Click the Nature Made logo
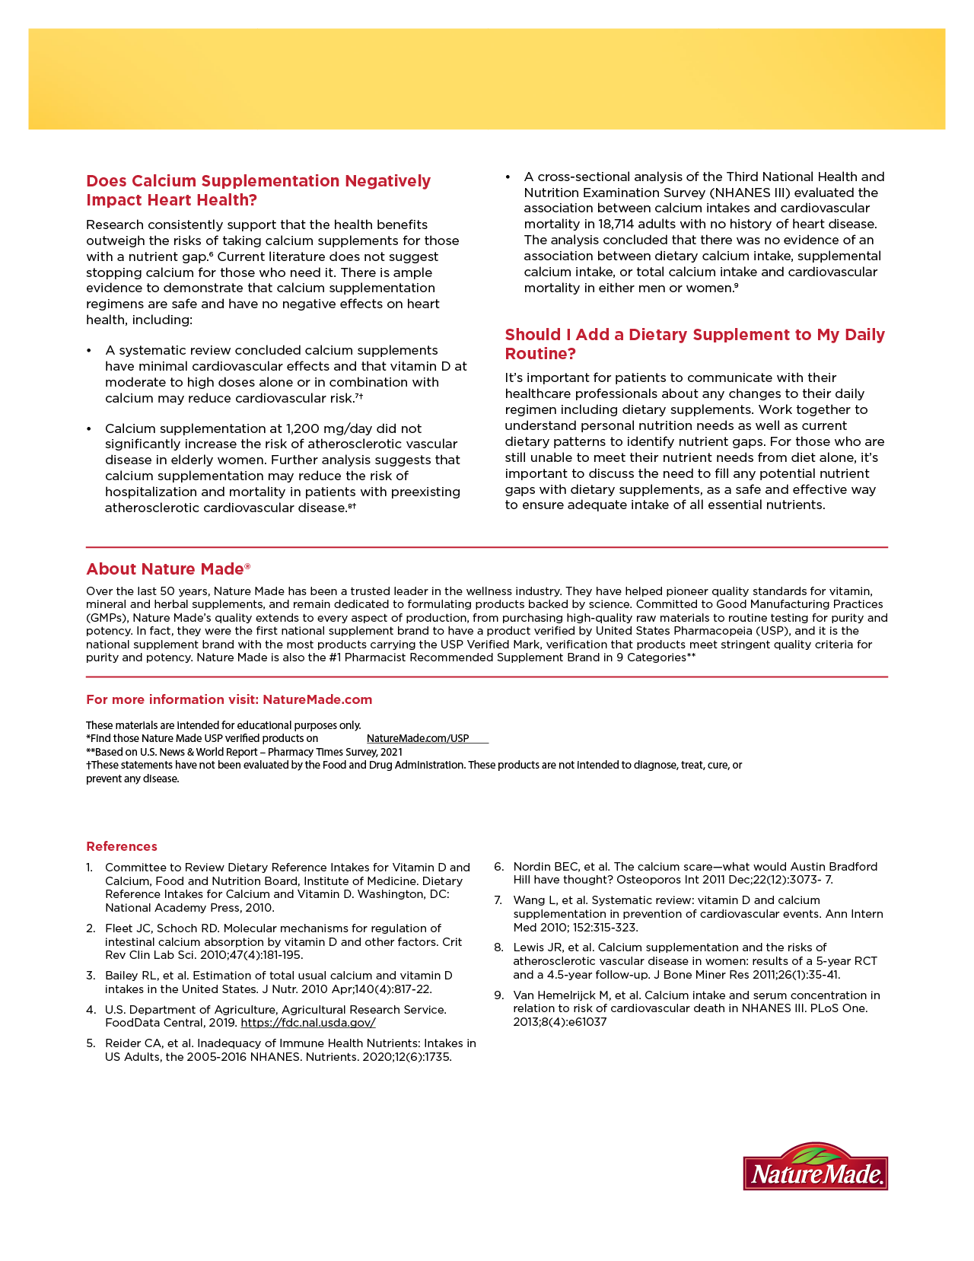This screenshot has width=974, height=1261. click(x=815, y=1167)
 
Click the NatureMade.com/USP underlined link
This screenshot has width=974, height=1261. click(x=418, y=738)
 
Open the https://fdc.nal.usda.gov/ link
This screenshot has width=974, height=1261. click(x=307, y=1023)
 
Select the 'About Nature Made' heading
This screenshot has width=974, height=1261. click(x=168, y=569)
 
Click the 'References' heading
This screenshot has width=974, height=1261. click(x=122, y=846)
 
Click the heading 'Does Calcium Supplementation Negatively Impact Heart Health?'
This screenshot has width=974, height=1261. click(x=258, y=190)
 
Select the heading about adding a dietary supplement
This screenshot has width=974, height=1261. click(x=695, y=344)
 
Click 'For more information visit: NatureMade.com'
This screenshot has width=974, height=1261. click(x=229, y=699)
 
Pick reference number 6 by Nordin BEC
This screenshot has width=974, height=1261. click(x=689, y=873)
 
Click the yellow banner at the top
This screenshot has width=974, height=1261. click(x=487, y=79)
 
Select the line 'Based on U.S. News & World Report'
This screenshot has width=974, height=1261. click(x=243, y=752)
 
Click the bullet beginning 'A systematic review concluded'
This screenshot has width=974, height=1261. click(x=282, y=374)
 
